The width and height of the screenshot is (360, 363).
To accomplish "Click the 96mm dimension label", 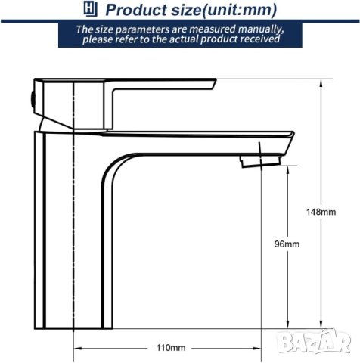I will click(x=287, y=244).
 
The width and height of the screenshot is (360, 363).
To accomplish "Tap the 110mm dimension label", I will click(x=171, y=347).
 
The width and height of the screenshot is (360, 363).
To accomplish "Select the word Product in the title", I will click(x=135, y=10).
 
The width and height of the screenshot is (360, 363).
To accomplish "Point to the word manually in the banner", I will click(x=259, y=29).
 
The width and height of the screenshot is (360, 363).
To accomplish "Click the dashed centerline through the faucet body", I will click(x=73, y=227).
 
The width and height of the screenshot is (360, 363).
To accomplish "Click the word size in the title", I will click(x=184, y=10).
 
